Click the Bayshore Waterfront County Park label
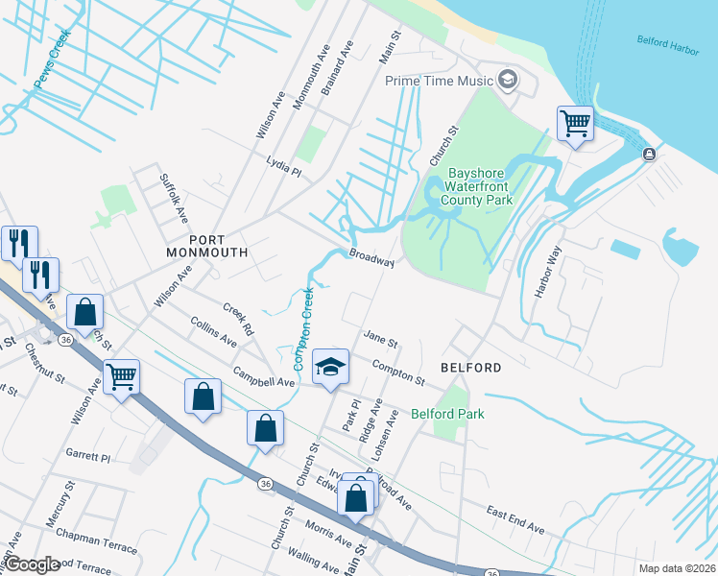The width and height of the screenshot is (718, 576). pyautogui.click(x=480, y=187)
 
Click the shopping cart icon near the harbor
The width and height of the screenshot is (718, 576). pyautogui.click(x=575, y=123)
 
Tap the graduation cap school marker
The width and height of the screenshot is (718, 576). pyautogui.click(x=329, y=366)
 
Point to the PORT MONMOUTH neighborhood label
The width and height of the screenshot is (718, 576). pyautogui.click(x=206, y=245)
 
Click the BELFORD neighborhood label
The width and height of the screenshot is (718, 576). pyautogui.click(x=470, y=368)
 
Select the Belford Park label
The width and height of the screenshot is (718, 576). pyautogui.click(x=447, y=414)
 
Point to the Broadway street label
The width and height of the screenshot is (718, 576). pyautogui.click(x=371, y=259)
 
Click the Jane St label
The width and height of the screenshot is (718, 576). pyautogui.click(x=380, y=339)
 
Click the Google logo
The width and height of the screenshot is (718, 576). pyautogui.click(x=32, y=565)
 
